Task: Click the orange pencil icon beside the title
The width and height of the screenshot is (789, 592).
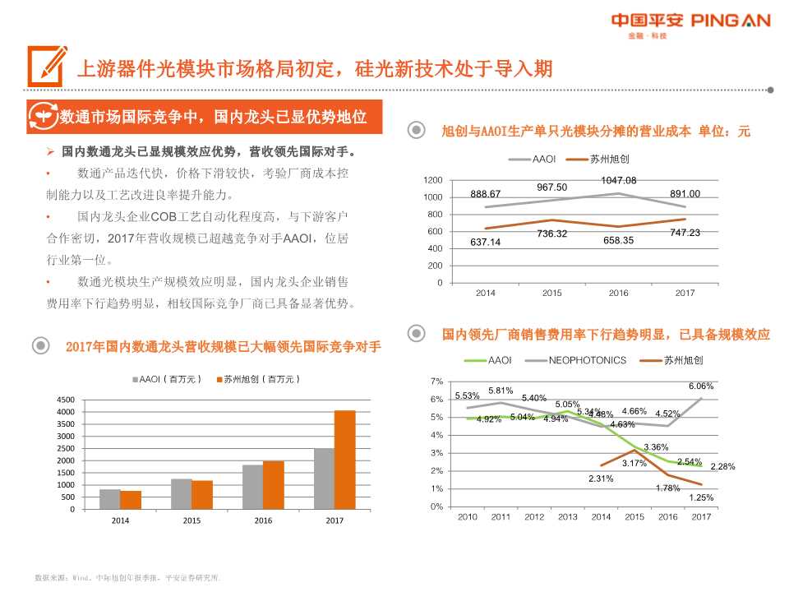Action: (x=46, y=66)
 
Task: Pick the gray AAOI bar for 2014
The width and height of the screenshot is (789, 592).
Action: (x=109, y=499)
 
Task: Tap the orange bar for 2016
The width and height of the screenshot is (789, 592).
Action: (x=273, y=485)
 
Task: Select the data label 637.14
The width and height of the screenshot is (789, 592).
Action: (x=485, y=242)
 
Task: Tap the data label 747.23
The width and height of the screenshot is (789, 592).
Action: (x=685, y=233)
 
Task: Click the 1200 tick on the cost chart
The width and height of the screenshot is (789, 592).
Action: (x=433, y=180)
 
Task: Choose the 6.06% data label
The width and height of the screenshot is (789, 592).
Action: (x=700, y=386)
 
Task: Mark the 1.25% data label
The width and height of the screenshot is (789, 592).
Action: (x=700, y=497)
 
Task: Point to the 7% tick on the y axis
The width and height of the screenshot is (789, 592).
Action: (x=436, y=382)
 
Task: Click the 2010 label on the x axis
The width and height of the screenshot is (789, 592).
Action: (x=467, y=516)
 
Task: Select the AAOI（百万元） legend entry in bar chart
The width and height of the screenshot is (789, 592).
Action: (x=168, y=379)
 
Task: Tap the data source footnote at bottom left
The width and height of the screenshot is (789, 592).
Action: (x=127, y=578)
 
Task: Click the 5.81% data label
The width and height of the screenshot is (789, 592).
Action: (x=500, y=391)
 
